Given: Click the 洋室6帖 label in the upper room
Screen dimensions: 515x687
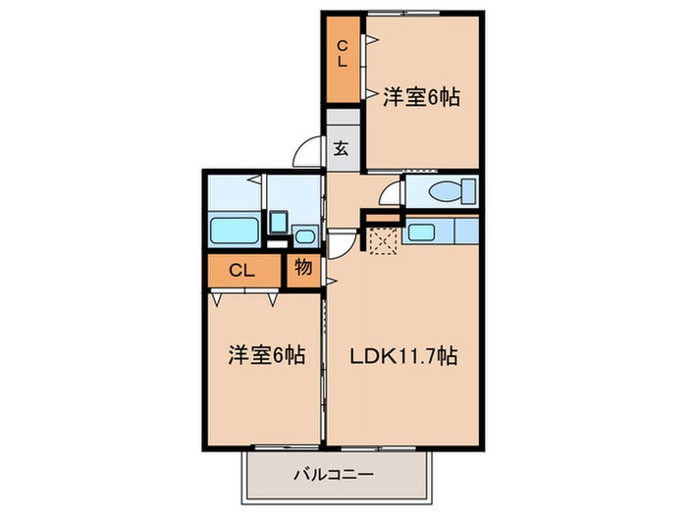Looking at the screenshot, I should click(422, 97).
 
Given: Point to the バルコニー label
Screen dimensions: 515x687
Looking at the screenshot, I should click(335, 475).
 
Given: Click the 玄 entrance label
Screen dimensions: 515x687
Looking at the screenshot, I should click(342, 149).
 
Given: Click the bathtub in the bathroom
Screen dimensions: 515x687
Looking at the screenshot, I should click(234, 232).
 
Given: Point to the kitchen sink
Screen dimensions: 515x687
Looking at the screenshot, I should click(423, 232).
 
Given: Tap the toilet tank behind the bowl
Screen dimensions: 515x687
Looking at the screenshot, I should click(469, 191).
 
